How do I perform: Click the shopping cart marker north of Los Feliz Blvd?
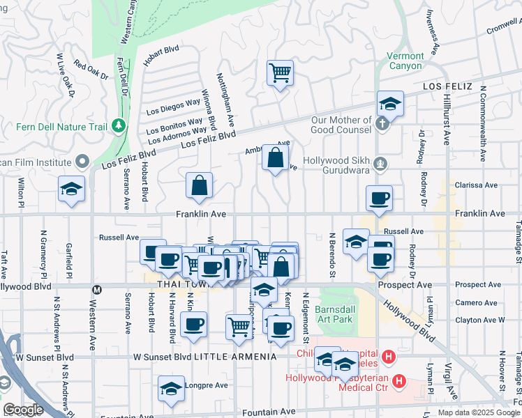click(280, 72)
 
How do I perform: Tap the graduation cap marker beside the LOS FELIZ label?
click(391, 104)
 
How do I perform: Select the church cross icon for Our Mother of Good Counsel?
click(381, 124)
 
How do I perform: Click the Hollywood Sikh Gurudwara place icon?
click(380, 164)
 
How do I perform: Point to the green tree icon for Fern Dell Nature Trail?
click(119, 125)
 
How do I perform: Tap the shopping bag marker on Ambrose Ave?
click(276, 157)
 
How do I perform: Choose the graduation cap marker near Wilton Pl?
click(71, 190)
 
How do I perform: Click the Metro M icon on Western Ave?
click(98, 289)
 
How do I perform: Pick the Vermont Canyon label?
click(405, 61)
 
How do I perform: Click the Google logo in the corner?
click(23, 410)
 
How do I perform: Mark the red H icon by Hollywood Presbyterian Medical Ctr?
click(398, 381)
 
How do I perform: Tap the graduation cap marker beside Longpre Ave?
click(170, 389)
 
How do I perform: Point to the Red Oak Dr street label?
click(91, 71)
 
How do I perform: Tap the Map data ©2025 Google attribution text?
click(479, 412)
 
